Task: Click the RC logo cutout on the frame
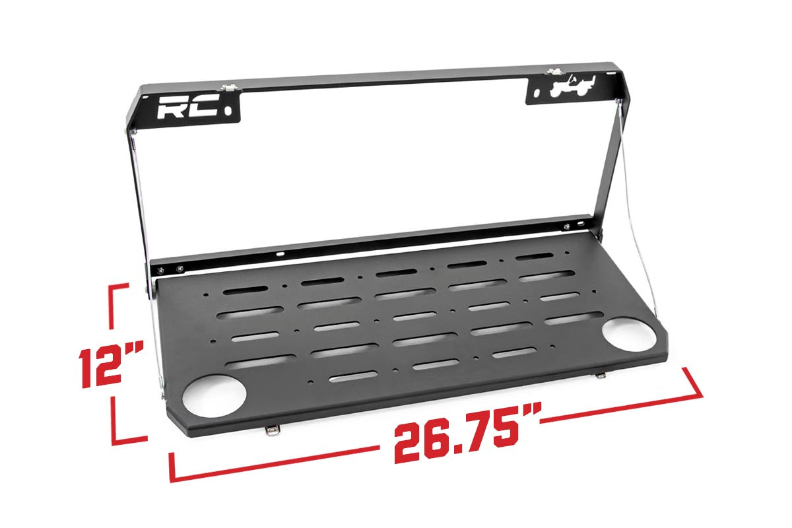coord(187,108)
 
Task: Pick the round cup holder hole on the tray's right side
coord(628,332)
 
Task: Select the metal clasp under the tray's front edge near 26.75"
coord(271,430)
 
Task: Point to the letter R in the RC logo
coord(173,108)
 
